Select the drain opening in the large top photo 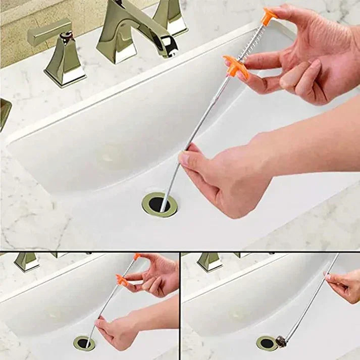(159, 204)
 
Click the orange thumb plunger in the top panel (269, 15)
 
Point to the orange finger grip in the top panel (236, 66)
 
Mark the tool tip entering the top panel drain (163, 207)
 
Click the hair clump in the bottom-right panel (281, 342)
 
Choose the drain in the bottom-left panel (84, 343)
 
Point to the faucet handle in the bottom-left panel (26, 261)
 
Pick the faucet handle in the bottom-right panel (210, 262)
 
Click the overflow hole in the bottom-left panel (54, 314)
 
